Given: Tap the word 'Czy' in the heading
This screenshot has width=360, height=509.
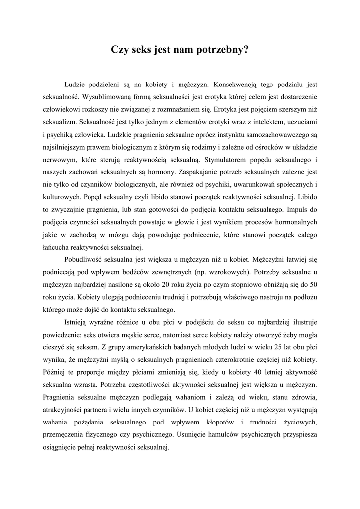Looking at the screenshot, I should click(x=120, y=50).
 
